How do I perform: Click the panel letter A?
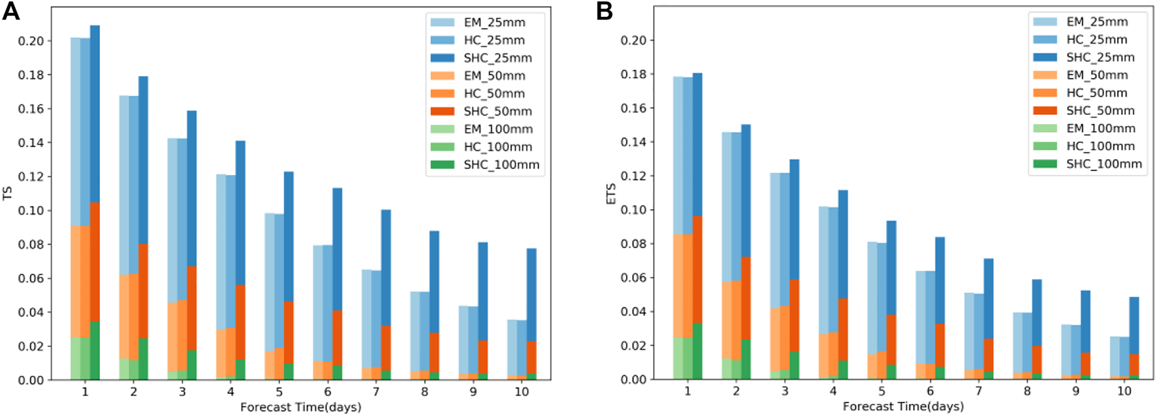pyautogui.click(x=11, y=11)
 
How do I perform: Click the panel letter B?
pyautogui.click(x=605, y=11)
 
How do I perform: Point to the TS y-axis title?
pyautogui.click(x=8, y=193)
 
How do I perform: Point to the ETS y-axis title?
pyautogui.click(x=611, y=193)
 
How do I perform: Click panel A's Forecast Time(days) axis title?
pyautogui.click(x=300, y=408)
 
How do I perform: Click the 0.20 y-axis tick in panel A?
pyautogui.click(x=31, y=41)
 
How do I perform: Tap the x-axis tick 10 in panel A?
pyautogui.click(x=522, y=392)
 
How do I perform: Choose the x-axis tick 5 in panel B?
pyautogui.click(x=881, y=391)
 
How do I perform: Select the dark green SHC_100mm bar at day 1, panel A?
pyautogui.click(x=95, y=351)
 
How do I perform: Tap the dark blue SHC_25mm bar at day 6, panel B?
pyautogui.click(x=940, y=281)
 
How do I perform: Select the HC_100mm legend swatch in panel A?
pyautogui.click(x=442, y=147)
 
